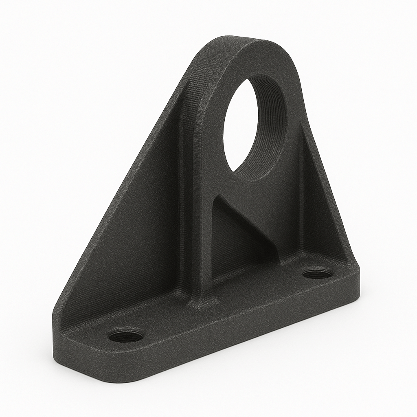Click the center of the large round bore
255,126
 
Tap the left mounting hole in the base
126,336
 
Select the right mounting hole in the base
317,273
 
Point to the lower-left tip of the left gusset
57,318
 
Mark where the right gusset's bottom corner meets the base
346,261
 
